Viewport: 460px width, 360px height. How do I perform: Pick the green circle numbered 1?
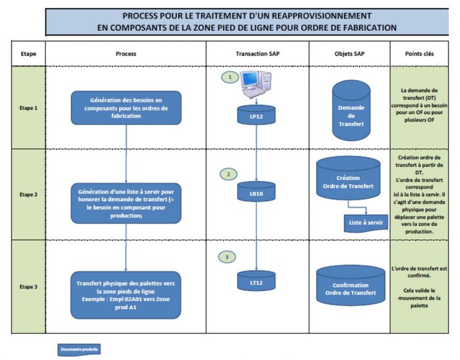229,77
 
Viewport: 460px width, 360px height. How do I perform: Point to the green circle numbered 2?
228,174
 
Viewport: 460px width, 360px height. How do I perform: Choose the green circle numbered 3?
228,258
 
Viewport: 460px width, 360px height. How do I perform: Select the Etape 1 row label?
28,106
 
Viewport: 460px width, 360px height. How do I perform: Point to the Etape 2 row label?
28,194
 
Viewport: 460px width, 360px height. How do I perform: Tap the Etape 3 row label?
28,286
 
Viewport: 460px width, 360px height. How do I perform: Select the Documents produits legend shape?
80,349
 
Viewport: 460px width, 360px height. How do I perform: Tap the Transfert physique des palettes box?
126,290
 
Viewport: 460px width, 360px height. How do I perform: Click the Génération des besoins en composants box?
126,107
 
